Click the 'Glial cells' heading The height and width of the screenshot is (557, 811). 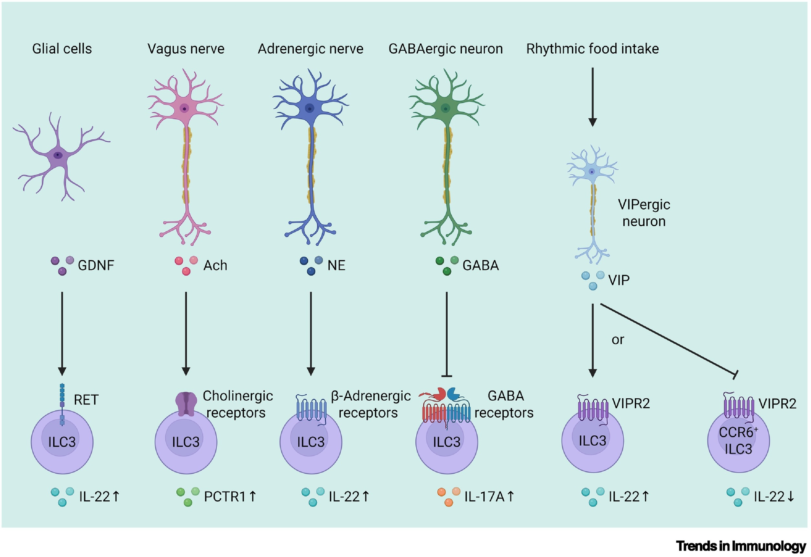click(62, 49)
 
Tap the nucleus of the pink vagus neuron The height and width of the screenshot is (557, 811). click(184, 109)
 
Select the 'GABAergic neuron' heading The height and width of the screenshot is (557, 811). click(445, 49)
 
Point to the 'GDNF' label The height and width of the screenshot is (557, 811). click(96, 265)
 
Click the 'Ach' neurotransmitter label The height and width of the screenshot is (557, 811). click(215, 265)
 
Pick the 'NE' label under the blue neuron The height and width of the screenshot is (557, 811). click(336, 265)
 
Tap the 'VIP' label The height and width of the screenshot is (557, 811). click(619, 280)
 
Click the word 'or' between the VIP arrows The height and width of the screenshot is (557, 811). click(618, 339)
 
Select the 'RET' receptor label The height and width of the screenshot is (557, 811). click(86, 400)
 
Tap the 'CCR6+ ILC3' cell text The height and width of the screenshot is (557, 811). click(738, 440)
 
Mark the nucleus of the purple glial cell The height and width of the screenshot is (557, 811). click(58, 155)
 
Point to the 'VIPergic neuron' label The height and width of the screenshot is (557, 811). click(644, 213)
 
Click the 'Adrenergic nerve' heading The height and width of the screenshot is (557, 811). click(310, 49)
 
